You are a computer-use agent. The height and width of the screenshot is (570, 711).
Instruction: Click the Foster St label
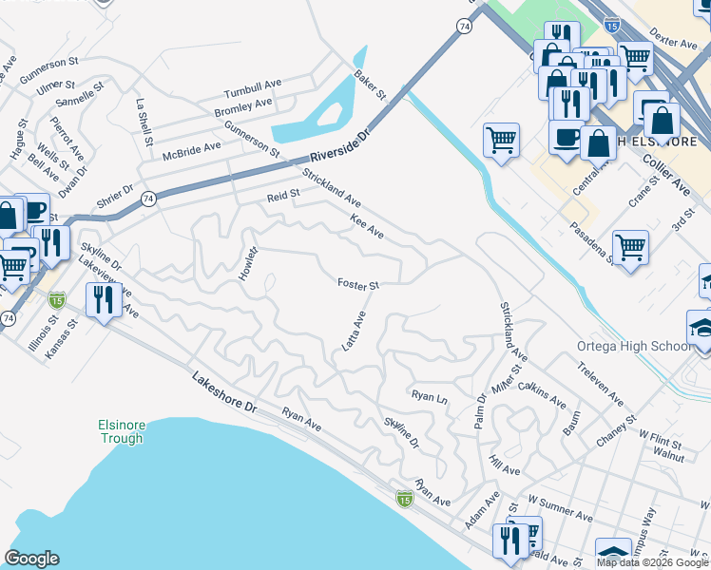point(358,284)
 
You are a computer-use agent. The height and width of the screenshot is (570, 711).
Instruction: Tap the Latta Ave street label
point(354,332)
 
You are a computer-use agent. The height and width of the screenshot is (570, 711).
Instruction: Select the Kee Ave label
point(366,226)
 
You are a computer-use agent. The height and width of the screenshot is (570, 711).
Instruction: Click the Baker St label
point(370,85)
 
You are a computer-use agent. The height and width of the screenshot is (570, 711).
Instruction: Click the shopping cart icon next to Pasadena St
point(630,248)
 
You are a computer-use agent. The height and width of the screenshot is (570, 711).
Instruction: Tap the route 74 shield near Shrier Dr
point(147,199)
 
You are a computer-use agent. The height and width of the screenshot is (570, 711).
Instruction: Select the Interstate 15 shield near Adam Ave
point(405,498)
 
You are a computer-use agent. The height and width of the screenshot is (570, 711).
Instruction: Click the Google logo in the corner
point(31,558)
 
